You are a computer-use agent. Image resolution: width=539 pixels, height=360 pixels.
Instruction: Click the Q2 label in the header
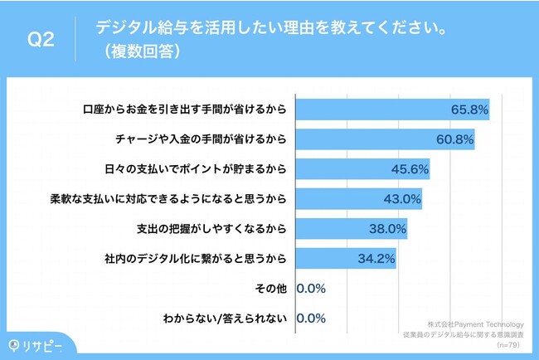[x=41, y=40]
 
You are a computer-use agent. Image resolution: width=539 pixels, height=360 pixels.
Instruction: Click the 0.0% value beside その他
[x=310, y=289]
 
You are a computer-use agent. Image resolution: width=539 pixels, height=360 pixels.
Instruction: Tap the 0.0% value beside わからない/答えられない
[x=310, y=319]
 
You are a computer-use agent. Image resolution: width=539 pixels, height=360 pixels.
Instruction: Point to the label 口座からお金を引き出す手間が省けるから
[x=186, y=109]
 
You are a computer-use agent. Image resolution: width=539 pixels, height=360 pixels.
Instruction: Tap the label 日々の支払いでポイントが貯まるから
[x=197, y=169]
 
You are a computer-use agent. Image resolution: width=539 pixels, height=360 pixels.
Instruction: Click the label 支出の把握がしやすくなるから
[x=211, y=229]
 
